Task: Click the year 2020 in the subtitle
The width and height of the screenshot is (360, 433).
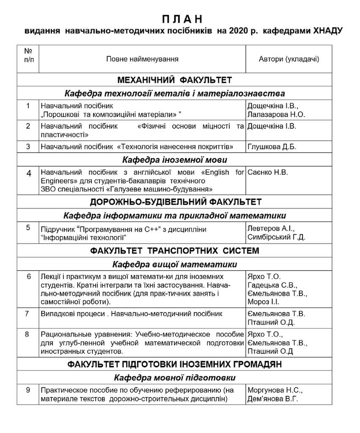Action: (238, 31)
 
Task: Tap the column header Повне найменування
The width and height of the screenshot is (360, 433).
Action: (142, 59)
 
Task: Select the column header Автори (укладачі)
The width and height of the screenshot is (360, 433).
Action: (289, 59)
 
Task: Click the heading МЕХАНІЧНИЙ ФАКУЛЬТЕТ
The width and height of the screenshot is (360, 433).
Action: (174, 80)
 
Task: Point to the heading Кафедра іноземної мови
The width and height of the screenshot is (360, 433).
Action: (174, 160)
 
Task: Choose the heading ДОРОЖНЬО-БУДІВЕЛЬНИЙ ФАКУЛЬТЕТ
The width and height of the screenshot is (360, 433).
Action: (174, 201)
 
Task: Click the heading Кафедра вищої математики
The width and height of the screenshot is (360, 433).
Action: (174, 265)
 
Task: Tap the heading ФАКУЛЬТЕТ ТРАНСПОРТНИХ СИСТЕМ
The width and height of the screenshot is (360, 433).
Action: (174, 251)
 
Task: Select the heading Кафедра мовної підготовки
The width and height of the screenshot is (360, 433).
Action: (174, 377)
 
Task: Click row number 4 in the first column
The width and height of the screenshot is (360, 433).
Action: (28, 173)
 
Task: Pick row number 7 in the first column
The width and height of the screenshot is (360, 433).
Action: (28, 314)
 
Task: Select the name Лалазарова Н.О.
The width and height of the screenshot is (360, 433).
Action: (276, 114)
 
